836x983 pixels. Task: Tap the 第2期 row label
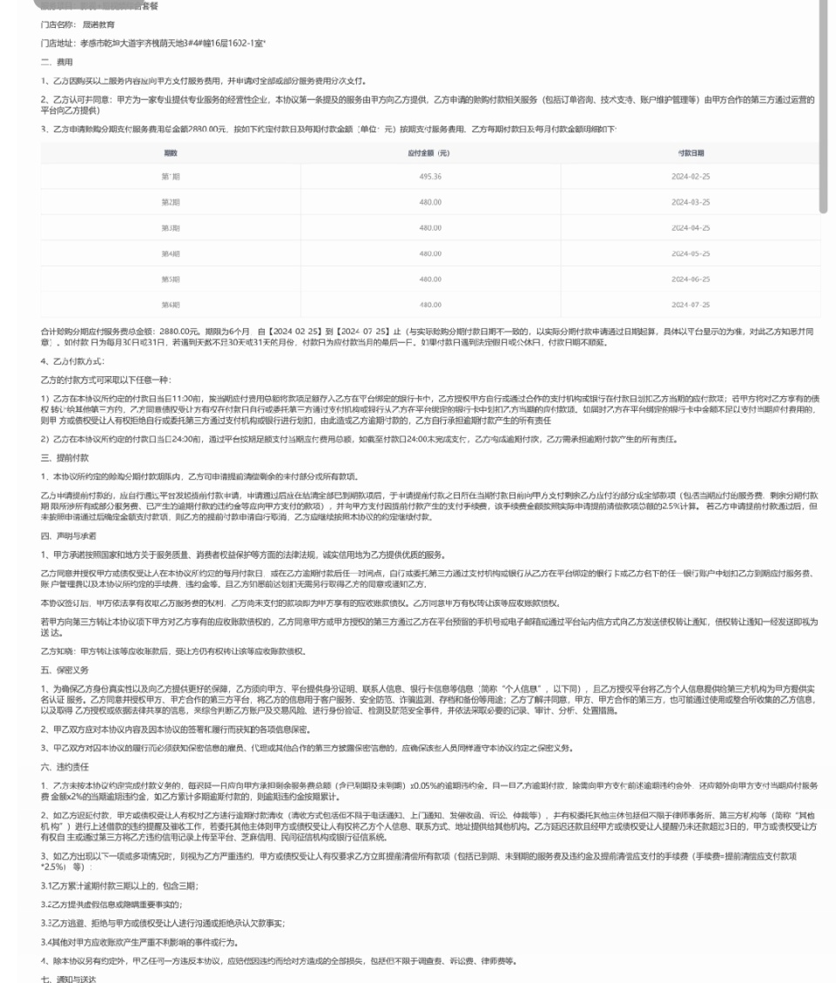170,202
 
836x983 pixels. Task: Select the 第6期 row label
170,305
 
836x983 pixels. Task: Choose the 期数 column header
170,151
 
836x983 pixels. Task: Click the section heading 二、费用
57,63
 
